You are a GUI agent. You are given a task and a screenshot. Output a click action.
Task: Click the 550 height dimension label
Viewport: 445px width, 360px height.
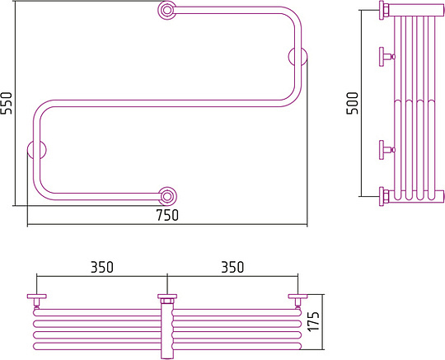[x=7, y=103]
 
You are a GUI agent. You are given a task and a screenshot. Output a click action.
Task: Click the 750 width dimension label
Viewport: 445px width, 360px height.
[x=167, y=215]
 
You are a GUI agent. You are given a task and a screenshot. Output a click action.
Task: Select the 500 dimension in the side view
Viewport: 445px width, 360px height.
[x=353, y=103]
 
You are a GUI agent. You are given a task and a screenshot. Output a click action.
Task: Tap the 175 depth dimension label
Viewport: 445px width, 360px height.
[x=314, y=321]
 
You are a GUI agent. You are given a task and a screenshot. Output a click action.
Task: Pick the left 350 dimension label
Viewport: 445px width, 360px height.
[x=102, y=267]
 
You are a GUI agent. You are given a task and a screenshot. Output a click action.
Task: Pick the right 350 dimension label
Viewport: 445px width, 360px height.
[x=232, y=267]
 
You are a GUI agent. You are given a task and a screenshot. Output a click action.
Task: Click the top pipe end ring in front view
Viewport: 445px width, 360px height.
[x=166, y=10]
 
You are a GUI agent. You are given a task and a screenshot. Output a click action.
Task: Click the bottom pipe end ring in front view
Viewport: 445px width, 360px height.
[x=167, y=196]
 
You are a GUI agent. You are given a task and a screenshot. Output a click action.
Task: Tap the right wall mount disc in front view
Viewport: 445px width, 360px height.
[x=297, y=56]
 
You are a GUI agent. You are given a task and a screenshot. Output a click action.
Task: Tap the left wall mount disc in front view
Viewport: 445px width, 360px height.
[x=36, y=149]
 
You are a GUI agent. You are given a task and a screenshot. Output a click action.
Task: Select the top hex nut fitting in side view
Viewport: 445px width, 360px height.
[x=385, y=10]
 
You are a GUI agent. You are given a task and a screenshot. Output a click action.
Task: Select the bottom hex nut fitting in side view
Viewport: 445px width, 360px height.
[x=385, y=196]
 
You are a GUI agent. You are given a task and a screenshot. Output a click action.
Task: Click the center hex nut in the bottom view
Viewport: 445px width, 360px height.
[x=167, y=301]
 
